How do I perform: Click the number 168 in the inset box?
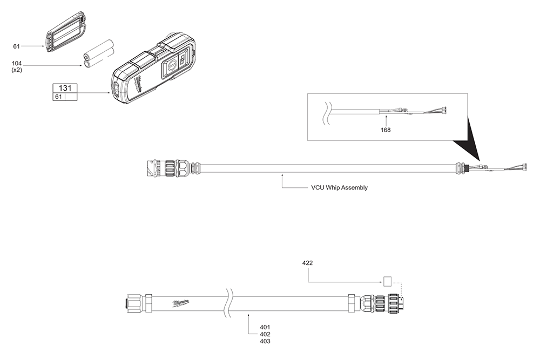pos(386,130)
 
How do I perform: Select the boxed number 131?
pos(64,88)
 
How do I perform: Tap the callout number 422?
pos(307,263)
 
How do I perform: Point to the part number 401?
pos(265,327)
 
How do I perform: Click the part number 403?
pos(265,342)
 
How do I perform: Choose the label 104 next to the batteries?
pos(17,64)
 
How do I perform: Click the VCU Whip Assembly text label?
pos(339,188)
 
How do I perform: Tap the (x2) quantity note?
pos(17,70)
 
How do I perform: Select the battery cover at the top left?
pos(66,33)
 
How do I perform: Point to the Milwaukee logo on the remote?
pos(140,84)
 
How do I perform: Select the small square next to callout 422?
pos(387,281)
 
